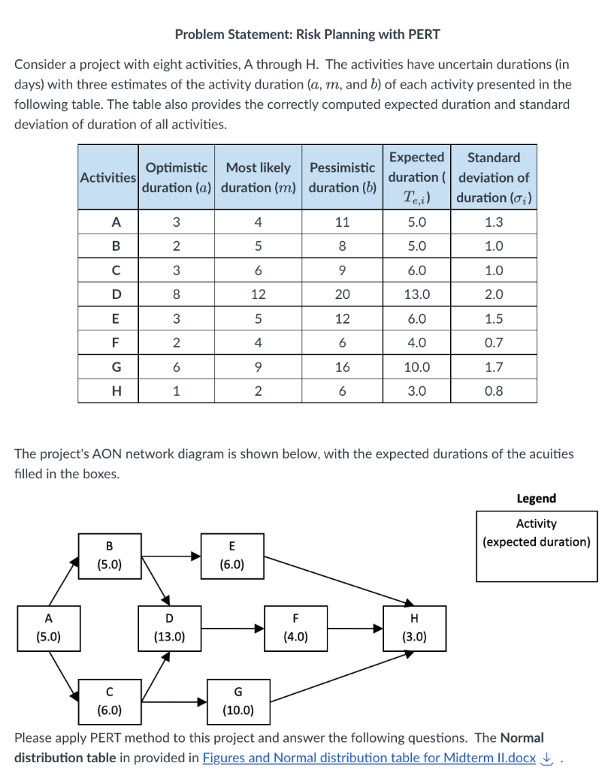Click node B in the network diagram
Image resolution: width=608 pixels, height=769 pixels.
coord(110,555)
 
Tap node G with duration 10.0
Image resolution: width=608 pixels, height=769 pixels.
coord(238,701)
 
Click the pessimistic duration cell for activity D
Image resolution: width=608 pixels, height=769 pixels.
coord(342,294)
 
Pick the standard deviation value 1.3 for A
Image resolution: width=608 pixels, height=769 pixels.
coord(494,222)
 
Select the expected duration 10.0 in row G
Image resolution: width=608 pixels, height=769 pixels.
coord(416,367)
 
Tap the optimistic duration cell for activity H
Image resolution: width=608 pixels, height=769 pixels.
coord(176,391)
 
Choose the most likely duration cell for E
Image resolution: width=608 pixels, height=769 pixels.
coord(258,319)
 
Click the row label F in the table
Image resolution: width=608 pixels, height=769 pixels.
coord(115,343)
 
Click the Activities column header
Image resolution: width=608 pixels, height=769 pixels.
coord(108,177)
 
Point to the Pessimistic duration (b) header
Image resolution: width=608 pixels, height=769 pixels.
coord(342,177)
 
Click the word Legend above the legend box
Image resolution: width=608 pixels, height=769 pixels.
coord(536,499)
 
